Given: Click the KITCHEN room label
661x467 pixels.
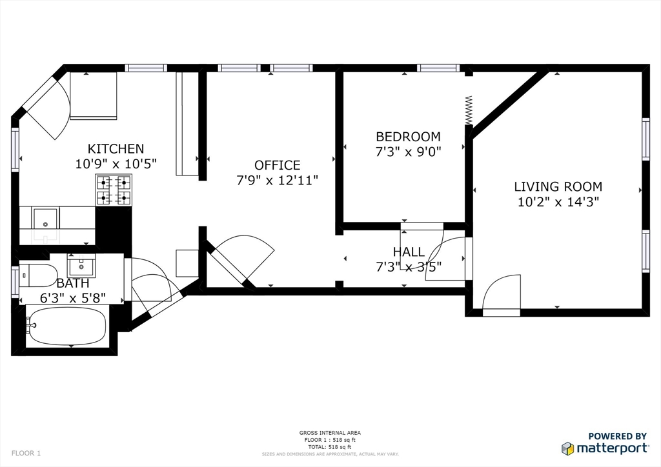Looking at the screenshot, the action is pos(116,148).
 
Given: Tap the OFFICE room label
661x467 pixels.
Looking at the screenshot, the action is pos(278,165).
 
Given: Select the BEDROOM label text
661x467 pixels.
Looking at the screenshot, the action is pos(408,137).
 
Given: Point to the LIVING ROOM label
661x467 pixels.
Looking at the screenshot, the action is pos(558,186).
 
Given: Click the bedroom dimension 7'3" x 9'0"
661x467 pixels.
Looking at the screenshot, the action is pos(408,152).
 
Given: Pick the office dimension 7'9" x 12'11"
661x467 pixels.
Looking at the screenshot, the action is pos(278,180).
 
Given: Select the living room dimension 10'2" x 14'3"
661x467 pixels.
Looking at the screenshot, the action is pos(558,202).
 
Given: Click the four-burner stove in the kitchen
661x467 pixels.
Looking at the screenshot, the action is pos(114,190).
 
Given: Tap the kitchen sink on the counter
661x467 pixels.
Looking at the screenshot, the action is pos(45,218).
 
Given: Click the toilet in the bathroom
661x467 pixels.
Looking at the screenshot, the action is pos(38,275).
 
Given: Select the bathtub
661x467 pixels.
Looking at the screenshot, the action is pos(66,326).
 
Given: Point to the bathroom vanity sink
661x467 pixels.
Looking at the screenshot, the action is pos(81,265).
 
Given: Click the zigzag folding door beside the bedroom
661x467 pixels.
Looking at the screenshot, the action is pos(469,110).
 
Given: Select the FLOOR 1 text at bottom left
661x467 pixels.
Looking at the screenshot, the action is pos(26,453).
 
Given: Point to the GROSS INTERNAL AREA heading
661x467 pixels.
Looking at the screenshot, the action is pos(330,432).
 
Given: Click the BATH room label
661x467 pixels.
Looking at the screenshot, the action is pos(72,283).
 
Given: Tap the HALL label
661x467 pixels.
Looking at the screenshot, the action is pos(409,252).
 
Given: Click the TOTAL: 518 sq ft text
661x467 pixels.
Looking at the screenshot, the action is pos(330,447).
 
